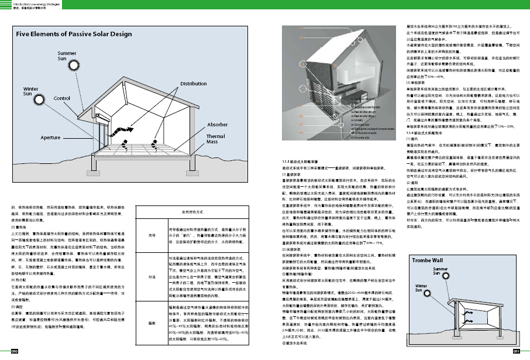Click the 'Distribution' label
[x=193, y=84]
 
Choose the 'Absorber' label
[x=217, y=124]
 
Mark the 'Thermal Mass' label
[x=215, y=139]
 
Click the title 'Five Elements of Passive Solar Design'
[x=74, y=35]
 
